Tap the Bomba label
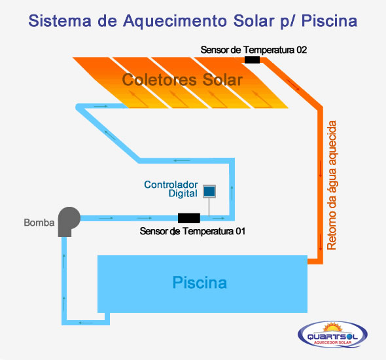point(39,223)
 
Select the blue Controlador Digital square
point(209,191)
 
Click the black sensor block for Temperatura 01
point(189,218)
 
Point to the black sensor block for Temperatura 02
point(252,60)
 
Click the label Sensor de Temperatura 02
point(254,50)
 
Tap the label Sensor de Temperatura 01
point(192,231)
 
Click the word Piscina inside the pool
point(200,282)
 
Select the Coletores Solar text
point(183,80)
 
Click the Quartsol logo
point(332,334)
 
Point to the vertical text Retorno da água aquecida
point(332,185)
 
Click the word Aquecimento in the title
point(175,21)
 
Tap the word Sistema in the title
point(60,21)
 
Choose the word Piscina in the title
point(329,21)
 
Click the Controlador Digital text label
point(171,189)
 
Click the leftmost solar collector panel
point(120,82)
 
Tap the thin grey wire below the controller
point(209,207)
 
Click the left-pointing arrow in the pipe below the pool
point(86,323)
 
